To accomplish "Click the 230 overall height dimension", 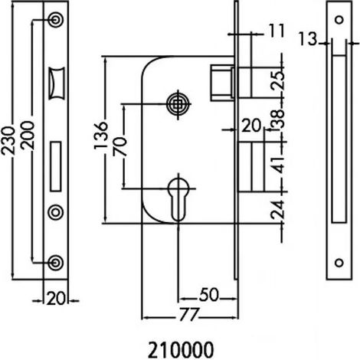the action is tap(8, 141).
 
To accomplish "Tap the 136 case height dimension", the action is tap(100, 136).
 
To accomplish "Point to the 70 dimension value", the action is tap(120, 147).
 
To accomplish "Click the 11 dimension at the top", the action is tap(277, 31).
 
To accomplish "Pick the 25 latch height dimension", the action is tap(278, 80).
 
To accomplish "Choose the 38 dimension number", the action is tap(277, 118).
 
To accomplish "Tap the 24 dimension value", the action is tap(278, 210).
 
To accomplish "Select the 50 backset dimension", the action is tap(209, 295).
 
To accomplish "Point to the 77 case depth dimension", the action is tap(189, 315).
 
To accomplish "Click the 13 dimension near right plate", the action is tap(308, 39).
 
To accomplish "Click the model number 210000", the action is tap(181, 350).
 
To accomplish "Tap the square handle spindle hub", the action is tap(178, 104).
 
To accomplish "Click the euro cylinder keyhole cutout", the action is tap(178, 200).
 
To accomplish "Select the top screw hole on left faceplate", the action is tap(56, 19).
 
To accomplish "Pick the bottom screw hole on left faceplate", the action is tap(56, 262).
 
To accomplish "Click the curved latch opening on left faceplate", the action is tap(57, 83).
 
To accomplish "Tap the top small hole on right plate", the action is tap(339, 20).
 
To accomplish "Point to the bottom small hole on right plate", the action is tap(339, 263).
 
